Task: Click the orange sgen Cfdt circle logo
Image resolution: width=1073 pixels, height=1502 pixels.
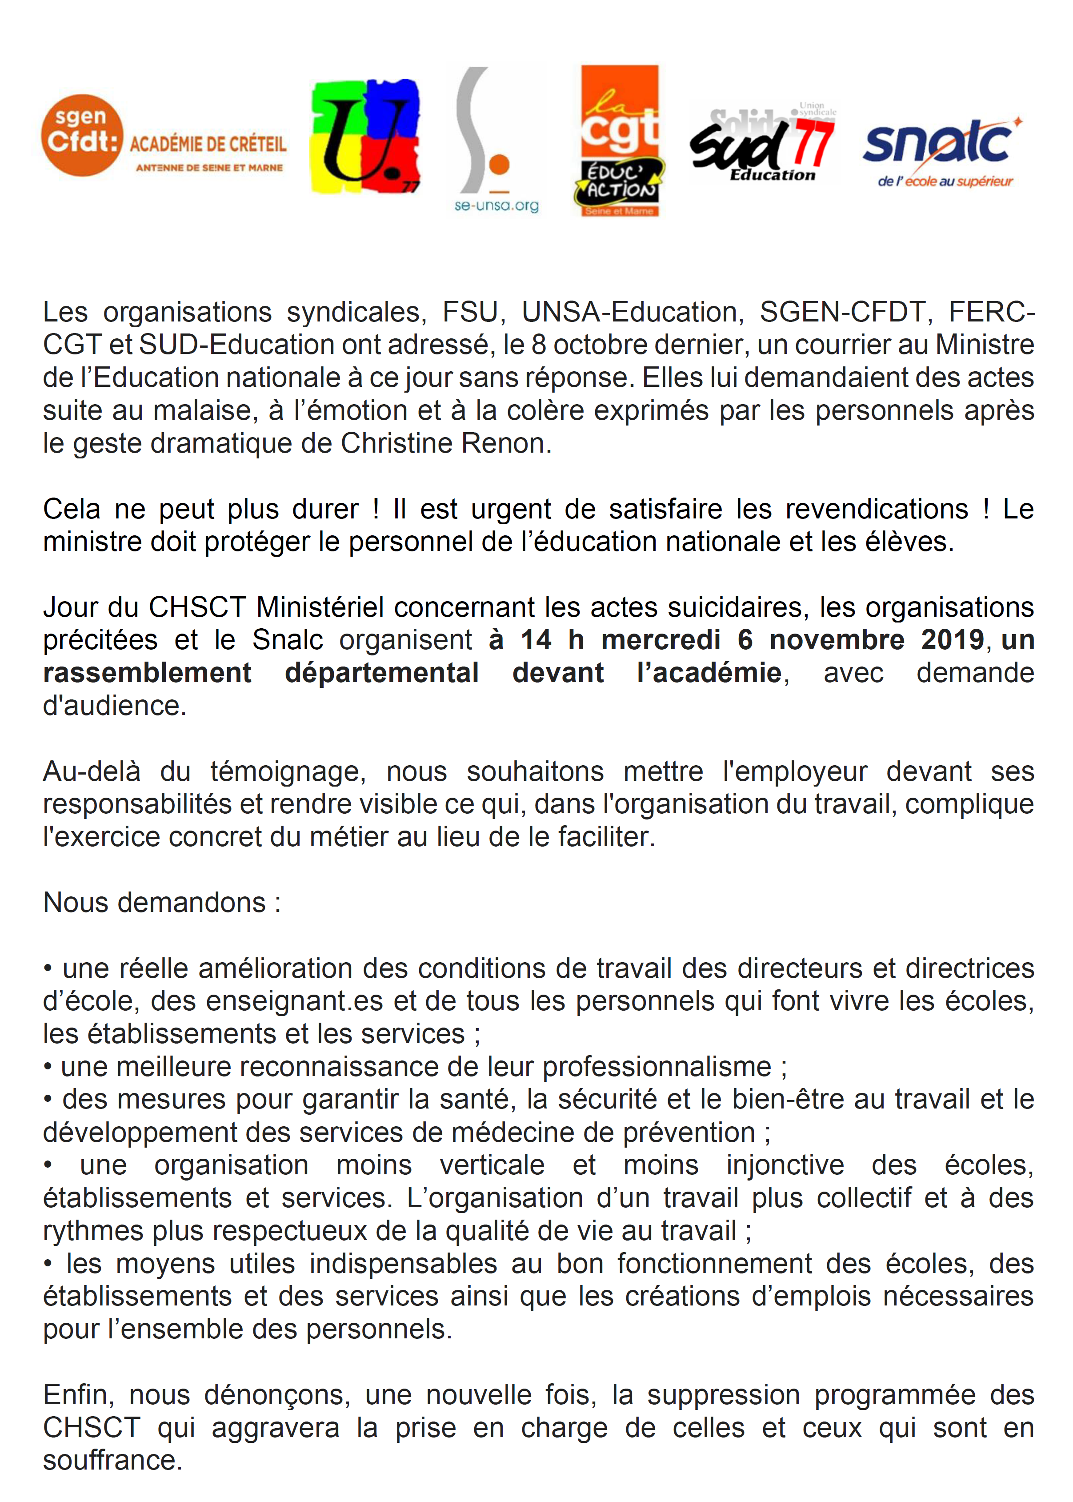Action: (82, 136)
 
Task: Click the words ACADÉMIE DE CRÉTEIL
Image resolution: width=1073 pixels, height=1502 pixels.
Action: (208, 144)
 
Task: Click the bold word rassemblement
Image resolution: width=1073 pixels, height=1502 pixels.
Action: (147, 673)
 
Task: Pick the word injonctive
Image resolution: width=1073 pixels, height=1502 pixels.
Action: (785, 1165)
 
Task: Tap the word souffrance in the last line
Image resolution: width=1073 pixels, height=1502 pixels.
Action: (112, 1460)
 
